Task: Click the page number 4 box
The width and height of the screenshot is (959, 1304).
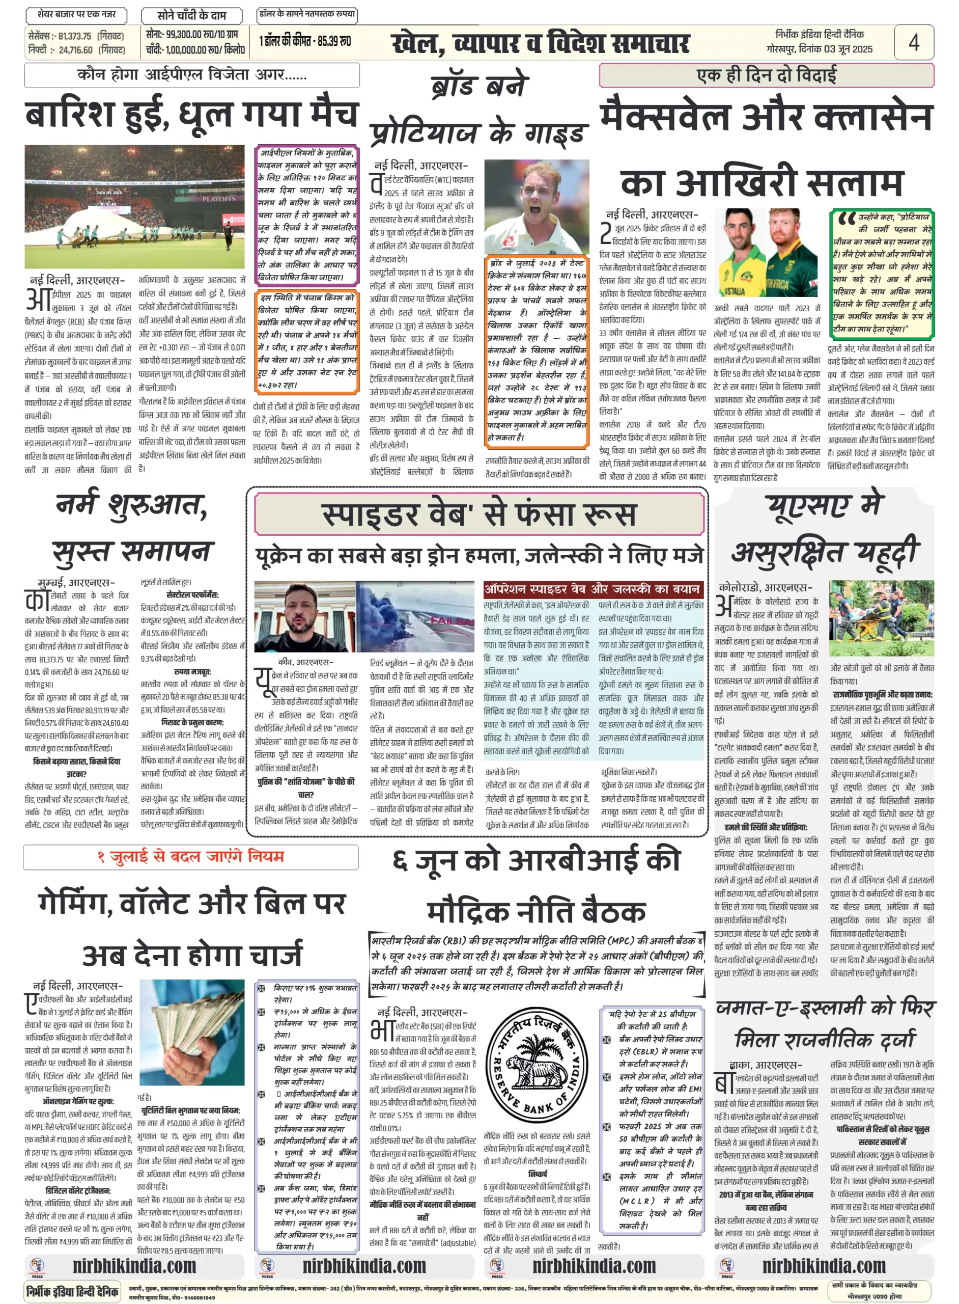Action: (914, 42)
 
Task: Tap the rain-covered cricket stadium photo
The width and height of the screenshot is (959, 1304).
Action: (135, 206)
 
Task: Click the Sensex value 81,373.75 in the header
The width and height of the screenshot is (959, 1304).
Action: (75, 36)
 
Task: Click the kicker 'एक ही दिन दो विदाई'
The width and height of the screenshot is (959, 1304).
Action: (766, 75)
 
